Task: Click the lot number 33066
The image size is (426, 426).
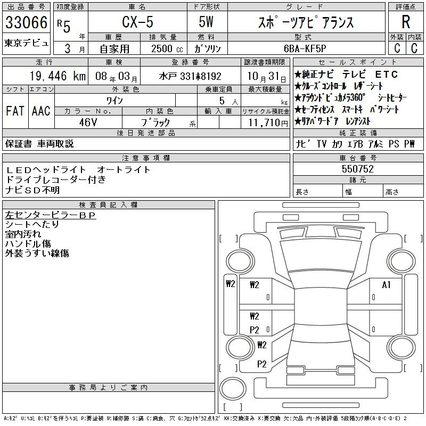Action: coord(26,22)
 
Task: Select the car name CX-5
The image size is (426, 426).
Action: coord(137,22)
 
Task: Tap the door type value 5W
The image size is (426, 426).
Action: coord(206,22)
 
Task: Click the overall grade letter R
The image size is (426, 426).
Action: coord(406,22)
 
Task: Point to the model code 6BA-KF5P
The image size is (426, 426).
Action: coord(305,48)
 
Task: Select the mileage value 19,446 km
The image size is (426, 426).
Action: coord(58,76)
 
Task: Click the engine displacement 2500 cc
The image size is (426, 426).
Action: coord(167,48)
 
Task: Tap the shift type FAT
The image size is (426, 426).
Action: coord(15,111)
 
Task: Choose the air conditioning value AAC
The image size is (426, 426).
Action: coord(41,111)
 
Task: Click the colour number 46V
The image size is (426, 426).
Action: coord(88,122)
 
